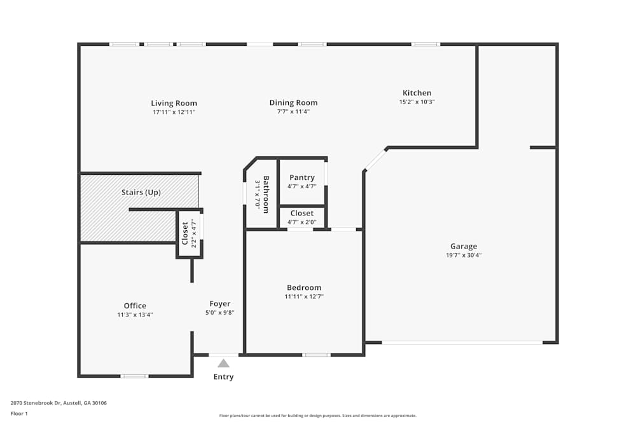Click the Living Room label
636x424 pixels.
click(x=174, y=103)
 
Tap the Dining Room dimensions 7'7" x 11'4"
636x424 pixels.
click(x=293, y=111)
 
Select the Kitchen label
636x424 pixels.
click(x=417, y=93)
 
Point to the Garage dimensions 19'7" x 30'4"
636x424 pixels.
click(x=464, y=255)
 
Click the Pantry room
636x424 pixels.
click(x=302, y=181)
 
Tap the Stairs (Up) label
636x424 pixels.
click(x=141, y=192)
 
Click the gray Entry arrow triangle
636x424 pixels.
click(x=223, y=364)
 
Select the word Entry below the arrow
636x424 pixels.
click(x=223, y=377)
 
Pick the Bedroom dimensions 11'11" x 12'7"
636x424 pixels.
click(x=303, y=296)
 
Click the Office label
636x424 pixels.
click(x=135, y=306)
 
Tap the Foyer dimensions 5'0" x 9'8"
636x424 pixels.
click(x=220, y=312)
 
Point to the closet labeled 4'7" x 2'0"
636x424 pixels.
click(x=302, y=217)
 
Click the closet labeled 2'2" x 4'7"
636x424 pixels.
click(x=189, y=233)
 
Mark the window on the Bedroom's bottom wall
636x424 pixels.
click(x=316, y=355)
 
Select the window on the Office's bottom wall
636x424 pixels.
click(x=134, y=376)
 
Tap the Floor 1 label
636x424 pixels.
click(x=19, y=413)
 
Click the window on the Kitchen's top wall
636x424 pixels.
click(x=425, y=44)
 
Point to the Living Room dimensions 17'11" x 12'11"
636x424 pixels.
click(x=174, y=112)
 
